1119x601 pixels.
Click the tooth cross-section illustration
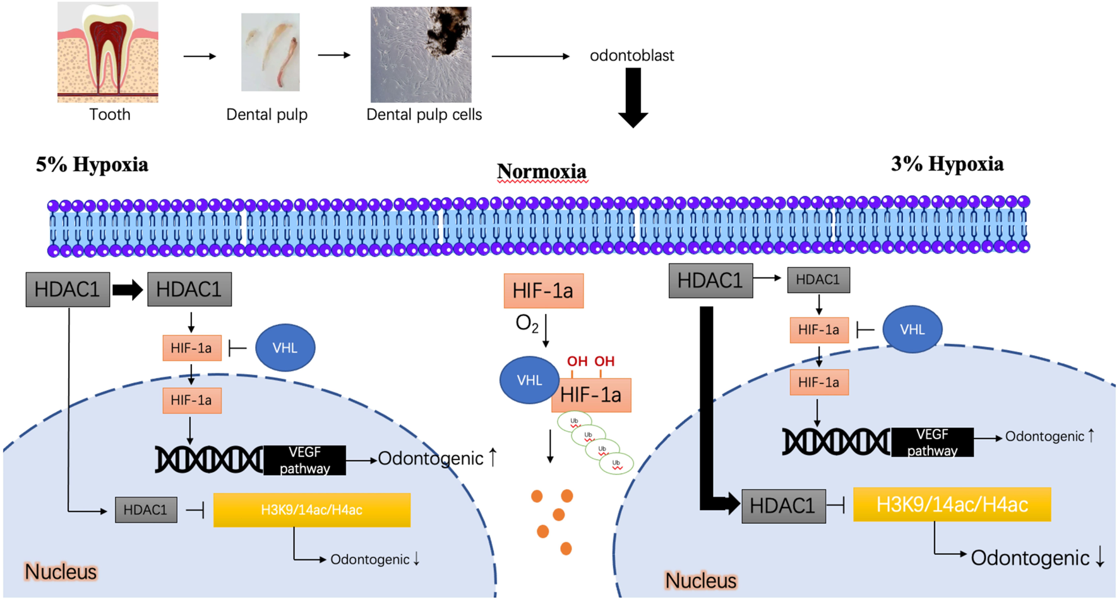click(x=107, y=52)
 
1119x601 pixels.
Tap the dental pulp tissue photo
click(x=270, y=52)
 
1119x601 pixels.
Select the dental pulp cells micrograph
click(x=421, y=54)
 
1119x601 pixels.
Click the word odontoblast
click(x=631, y=56)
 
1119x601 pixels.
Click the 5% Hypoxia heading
click(x=92, y=165)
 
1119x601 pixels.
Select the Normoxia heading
click(x=542, y=171)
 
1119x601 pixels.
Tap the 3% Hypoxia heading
click(x=947, y=164)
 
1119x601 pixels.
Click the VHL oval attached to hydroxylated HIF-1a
click(x=529, y=380)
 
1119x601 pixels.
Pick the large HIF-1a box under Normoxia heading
click(x=543, y=291)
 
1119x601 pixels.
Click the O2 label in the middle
click(x=527, y=324)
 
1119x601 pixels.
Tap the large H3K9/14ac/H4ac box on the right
click(x=952, y=504)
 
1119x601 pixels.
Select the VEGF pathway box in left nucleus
click(x=304, y=460)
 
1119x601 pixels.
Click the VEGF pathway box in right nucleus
click(x=932, y=442)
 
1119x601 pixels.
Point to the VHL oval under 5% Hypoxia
click(x=285, y=348)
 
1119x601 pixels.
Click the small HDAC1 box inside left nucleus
click(x=146, y=510)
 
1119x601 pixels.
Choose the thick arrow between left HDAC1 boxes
click(x=128, y=290)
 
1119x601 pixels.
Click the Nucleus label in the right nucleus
click(x=700, y=580)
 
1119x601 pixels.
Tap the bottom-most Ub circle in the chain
click(x=616, y=464)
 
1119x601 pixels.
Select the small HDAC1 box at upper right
click(x=818, y=280)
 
